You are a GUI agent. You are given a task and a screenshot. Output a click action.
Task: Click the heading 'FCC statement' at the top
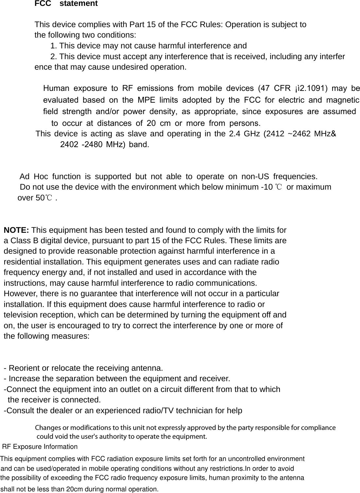click(66, 4)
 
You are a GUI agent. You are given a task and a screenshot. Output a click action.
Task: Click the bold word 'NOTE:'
click(17, 230)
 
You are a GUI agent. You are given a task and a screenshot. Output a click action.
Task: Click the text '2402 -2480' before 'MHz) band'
click(82, 144)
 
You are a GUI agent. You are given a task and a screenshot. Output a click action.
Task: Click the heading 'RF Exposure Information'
click(40, 447)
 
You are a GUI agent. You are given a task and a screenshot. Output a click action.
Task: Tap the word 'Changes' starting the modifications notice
click(47, 428)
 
